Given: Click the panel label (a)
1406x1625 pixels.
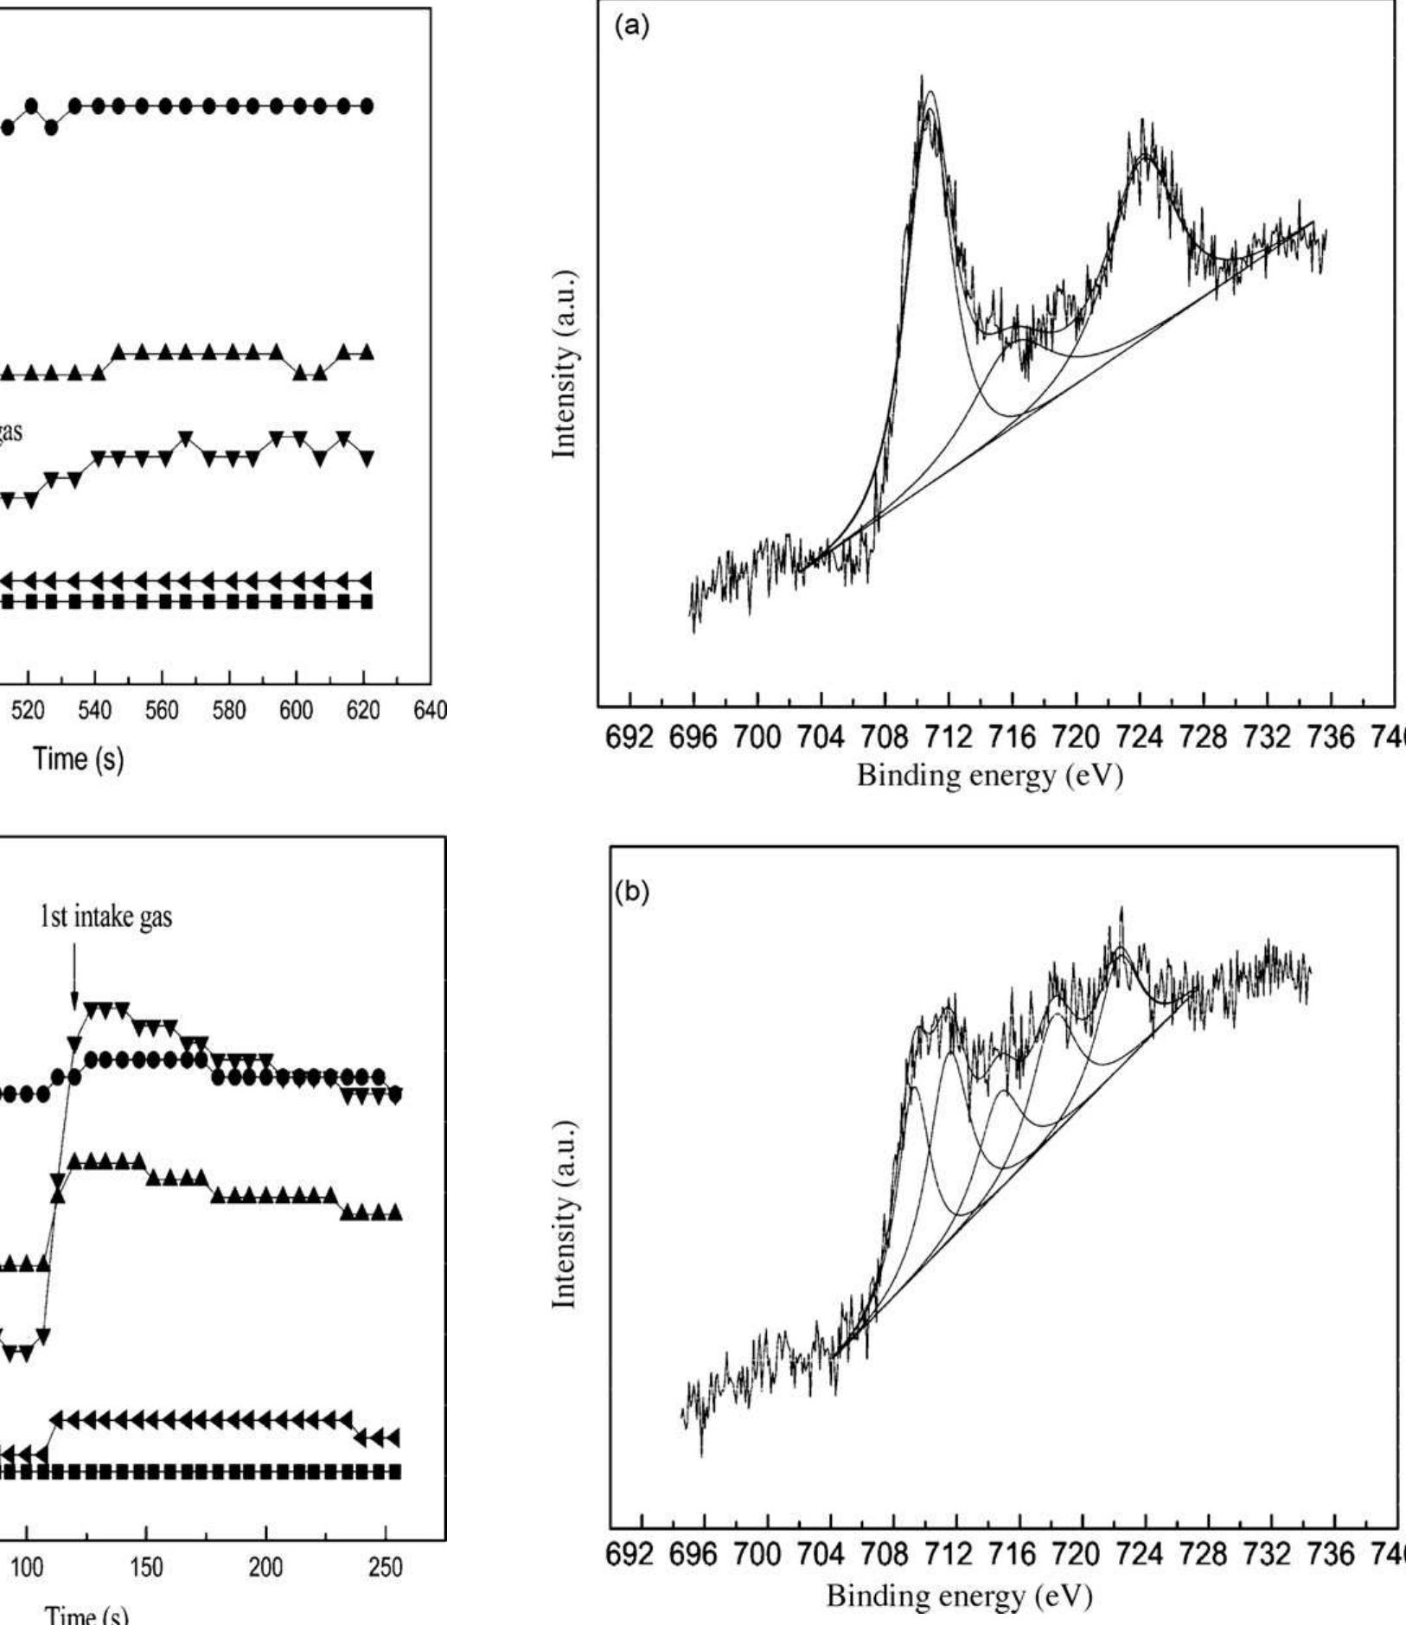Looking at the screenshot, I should click(x=630, y=26).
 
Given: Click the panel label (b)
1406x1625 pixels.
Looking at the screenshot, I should click(x=630, y=892).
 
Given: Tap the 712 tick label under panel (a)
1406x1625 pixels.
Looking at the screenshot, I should click(x=948, y=737).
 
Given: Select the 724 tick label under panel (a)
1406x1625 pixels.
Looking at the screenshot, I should click(x=1140, y=737).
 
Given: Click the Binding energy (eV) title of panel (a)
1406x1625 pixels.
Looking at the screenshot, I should click(x=989, y=775).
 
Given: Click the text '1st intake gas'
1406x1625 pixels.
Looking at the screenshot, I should click(x=105, y=917).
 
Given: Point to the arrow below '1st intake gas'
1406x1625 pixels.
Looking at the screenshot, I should click(x=74, y=977).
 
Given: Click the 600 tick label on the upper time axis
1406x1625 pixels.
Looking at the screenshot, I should click(x=295, y=711).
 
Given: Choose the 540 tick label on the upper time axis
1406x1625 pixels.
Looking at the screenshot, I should click(x=94, y=711).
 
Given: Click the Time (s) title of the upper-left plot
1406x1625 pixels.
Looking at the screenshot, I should click(x=78, y=758).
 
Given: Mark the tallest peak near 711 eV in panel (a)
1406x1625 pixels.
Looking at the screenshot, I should click(x=922, y=80).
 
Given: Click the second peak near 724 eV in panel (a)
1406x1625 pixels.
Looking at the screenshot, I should click(x=1143, y=123).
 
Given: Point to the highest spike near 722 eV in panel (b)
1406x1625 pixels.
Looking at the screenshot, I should click(x=1122, y=909).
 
